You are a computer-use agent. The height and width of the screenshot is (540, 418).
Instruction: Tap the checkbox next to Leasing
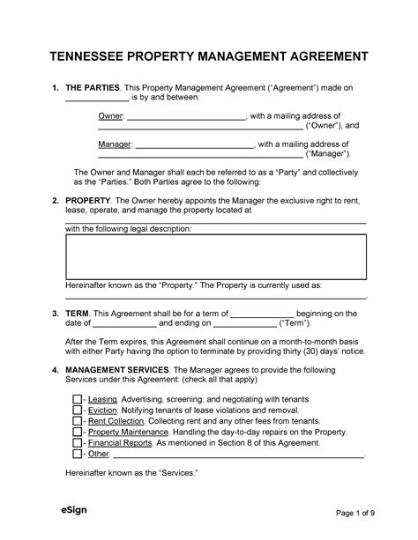pos(77,399)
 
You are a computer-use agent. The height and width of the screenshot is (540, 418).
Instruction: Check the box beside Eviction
pos(77,411)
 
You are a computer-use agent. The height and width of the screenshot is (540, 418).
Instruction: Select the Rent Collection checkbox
pos(77,422)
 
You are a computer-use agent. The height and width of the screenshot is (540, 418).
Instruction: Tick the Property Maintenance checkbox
pos(77,433)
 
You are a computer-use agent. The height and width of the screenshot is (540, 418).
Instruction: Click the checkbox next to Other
pos(77,455)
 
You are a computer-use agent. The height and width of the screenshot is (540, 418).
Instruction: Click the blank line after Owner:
pos(186,116)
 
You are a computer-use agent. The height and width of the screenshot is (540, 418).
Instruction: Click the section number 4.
pos(56,369)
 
